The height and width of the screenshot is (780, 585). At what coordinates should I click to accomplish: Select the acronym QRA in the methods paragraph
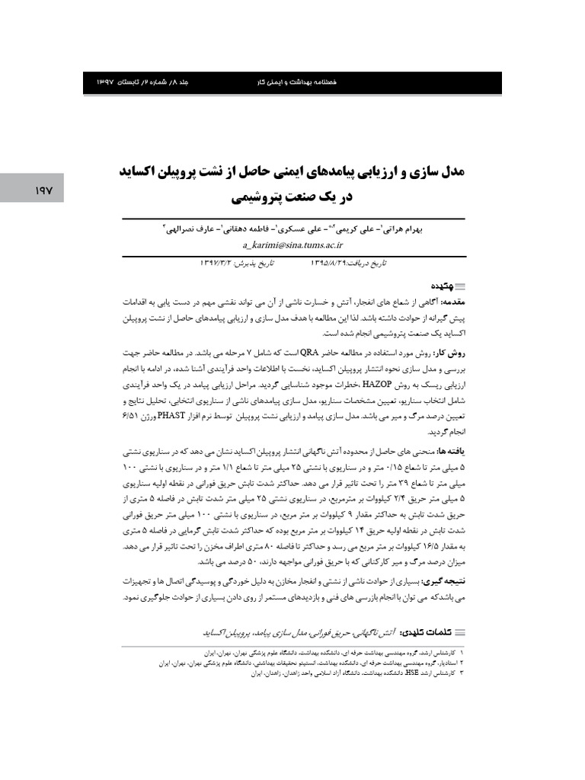click(x=309, y=353)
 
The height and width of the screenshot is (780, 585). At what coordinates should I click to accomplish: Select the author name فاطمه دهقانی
click(x=250, y=229)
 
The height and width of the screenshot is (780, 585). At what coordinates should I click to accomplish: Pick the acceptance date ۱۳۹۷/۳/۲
click(x=219, y=263)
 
